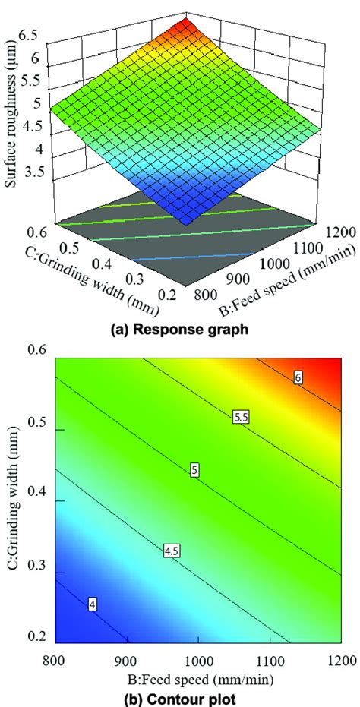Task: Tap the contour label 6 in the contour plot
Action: (x=298, y=377)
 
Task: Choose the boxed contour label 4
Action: (x=92, y=604)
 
